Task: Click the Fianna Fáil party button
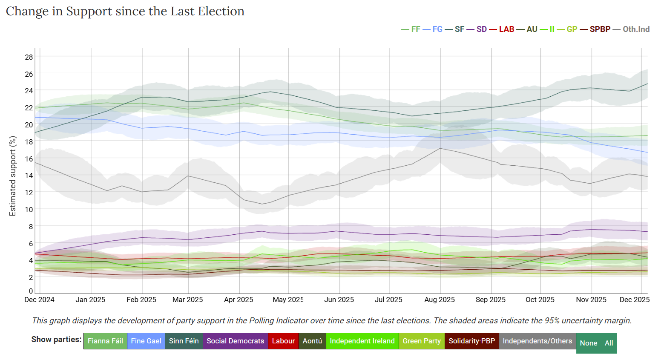(105, 341)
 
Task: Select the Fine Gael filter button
(146, 341)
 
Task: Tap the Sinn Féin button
(184, 341)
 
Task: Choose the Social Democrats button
(235, 341)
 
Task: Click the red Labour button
(283, 341)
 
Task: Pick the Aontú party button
(312, 341)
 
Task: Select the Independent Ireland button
(362, 341)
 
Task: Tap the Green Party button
(421, 341)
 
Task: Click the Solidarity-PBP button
(471, 341)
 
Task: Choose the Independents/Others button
(537, 341)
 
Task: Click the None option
(588, 343)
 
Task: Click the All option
(609, 343)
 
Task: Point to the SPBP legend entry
(600, 29)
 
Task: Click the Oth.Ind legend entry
(636, 29)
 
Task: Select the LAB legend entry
(506, 29)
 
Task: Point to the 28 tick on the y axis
(29, 57)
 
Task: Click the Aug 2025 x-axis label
(440, 300)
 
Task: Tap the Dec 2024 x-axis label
(39, 300)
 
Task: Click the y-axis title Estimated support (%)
(13, 176)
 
